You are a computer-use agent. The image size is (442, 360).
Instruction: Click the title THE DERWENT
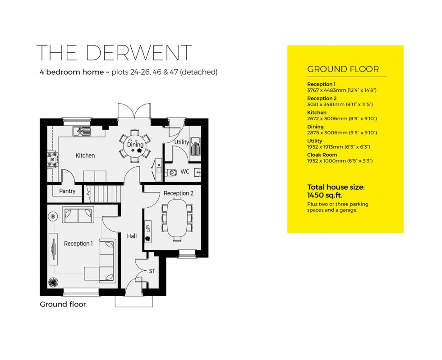pyautogui.click(x=114, y=53)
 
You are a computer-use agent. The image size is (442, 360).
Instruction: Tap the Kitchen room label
pyautogui.click(x=85, y=155)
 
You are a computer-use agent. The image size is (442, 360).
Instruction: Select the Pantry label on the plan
pyautogui.click(x=67, y=191)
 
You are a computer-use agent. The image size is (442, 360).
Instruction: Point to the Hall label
pyautogui.click(x=132, y=236)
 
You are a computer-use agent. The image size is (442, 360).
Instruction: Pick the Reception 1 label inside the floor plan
pyautogui.click(x=78, y=243)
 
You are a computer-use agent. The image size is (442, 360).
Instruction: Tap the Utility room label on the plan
pyautogui.click(x=181, y=142)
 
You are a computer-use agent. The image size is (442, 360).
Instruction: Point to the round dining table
pyautogui.click(x=135, y=145)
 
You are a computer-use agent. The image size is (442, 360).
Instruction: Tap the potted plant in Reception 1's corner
pyautogui.click(x=53, y=283)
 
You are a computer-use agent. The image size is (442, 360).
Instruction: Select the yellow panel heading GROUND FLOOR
pyautogui.click(x=343, y=69)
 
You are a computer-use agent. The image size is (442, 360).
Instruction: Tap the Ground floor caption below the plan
pyautogui.click(x=63, y=304)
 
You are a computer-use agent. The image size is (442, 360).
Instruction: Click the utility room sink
pyautogui.click(x=195, y=147)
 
